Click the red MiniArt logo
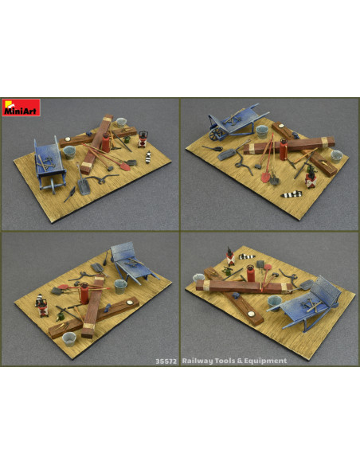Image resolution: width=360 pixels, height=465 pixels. tap(21, 107)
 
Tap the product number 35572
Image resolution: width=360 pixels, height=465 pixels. tap(166, 361)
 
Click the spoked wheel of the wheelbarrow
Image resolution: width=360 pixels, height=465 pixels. tap(216, 135)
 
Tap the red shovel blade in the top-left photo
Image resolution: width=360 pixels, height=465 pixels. tap(125, 166)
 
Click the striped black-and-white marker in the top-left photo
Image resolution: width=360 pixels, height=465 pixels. tap(148, 157)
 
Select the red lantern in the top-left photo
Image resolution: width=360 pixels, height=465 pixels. tap(143, 139)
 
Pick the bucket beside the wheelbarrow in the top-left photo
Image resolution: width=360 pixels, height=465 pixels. tap(69, 152)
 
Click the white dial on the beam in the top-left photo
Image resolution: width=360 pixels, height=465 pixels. tap(68, 139)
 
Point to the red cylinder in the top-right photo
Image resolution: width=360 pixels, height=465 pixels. tap(284, 149)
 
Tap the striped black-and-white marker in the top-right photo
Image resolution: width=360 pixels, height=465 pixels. tap(292, 194)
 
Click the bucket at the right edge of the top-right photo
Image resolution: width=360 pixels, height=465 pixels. tap(337, 156)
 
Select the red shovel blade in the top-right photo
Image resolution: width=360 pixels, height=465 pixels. tap(265, 177)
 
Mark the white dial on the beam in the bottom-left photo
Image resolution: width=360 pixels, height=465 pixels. tap(129, 303)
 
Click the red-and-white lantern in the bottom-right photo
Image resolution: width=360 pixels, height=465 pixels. tap(230, 256)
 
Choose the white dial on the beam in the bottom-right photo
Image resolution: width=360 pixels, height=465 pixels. tap(251, 315)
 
